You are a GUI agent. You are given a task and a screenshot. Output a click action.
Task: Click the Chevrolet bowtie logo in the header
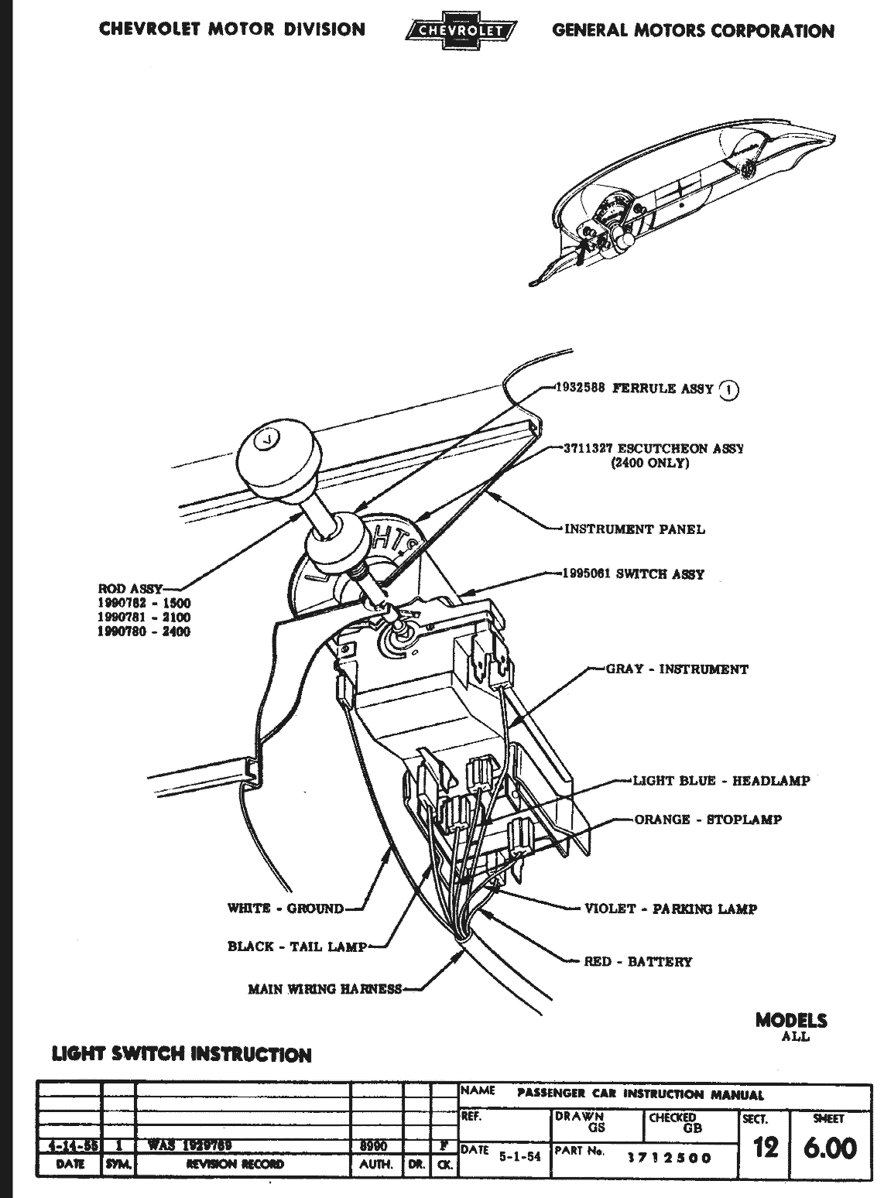461,31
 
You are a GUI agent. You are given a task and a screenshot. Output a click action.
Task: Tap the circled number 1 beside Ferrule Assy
728,390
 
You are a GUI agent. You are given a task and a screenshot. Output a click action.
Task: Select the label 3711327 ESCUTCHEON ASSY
654,449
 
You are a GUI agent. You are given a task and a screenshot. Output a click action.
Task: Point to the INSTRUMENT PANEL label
635,529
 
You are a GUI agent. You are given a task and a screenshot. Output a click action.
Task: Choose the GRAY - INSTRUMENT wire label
677,669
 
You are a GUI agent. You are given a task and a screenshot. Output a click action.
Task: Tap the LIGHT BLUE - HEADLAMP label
721,781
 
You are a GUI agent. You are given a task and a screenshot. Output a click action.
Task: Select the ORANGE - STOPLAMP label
708,820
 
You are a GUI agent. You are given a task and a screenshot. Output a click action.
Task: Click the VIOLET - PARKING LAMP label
670,909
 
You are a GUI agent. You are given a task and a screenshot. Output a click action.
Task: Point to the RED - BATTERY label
638,962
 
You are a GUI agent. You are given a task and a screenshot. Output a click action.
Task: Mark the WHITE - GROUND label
285,909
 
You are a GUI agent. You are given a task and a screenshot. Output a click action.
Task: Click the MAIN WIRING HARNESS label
324,988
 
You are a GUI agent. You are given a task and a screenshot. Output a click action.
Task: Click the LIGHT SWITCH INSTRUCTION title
182,1054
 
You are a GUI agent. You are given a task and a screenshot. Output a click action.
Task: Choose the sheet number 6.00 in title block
830,1148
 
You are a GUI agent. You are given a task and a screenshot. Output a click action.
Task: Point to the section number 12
765,1148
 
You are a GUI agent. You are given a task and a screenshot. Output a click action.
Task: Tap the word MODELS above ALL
791,1020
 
